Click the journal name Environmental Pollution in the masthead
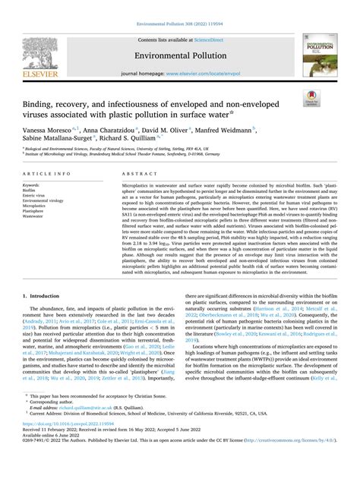180,55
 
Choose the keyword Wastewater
35,216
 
